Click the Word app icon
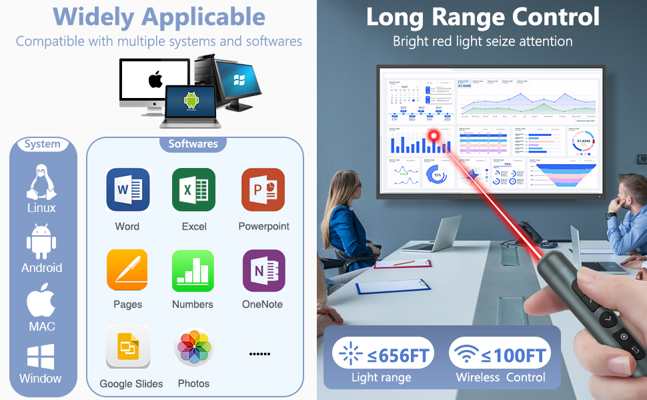127,190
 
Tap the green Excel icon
193,190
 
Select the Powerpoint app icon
263,190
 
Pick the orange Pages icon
127,271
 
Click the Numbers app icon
193,271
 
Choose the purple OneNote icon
263,271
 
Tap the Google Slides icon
128,347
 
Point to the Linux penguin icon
41,181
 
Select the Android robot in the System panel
41,241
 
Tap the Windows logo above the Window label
41,357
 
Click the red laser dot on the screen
434,135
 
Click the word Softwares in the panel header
193,143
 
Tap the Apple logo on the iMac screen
155,81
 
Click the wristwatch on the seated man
611,215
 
